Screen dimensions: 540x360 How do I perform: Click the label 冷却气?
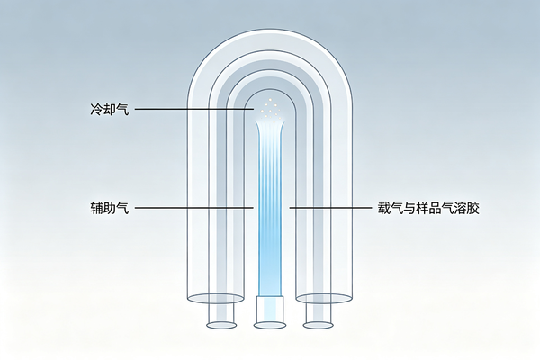[x=110, y=109]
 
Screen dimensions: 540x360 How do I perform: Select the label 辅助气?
[x=110, y=208]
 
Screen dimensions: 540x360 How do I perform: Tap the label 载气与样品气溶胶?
[x=428, y=208]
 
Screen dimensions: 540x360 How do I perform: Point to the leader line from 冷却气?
[x=194, y=109]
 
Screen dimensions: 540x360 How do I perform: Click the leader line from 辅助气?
[x=194, y=208]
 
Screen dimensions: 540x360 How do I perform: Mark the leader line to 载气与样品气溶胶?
[x=330, y=208]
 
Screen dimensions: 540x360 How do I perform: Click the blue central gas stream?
[x=270, y=210]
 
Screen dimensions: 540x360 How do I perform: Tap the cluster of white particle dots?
[x=270, y=110]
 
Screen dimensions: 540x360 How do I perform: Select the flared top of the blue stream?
[x=270, y=127]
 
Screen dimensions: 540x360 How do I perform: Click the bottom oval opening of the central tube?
[x=270, y=325]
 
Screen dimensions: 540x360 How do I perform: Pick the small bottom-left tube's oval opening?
[x=221, y=325]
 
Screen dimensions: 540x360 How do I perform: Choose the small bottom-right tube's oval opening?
[x=319, y=325]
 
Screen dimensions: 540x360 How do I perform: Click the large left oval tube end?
[x=216, y=298]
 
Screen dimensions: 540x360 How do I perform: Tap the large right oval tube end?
[x=324, y=298]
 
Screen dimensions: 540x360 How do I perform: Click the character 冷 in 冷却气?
[x=96, y=109]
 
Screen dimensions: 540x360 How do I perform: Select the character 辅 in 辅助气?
[x=96, y=208]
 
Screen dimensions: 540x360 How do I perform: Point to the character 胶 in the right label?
[x=472, y=208]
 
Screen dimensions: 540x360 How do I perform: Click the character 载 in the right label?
[x=384, y=208]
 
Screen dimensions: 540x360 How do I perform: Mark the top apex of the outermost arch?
[x=270, y=29]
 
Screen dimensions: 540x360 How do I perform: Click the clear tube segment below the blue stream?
[x=270, y=310]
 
